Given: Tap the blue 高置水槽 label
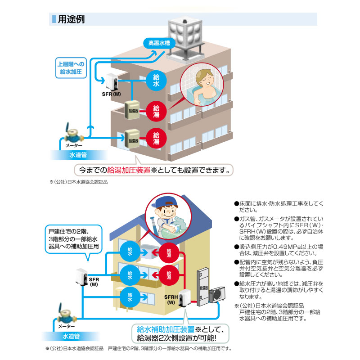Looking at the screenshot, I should coord(159,44).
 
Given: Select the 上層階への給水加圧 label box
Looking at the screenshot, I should coord(70,68).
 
